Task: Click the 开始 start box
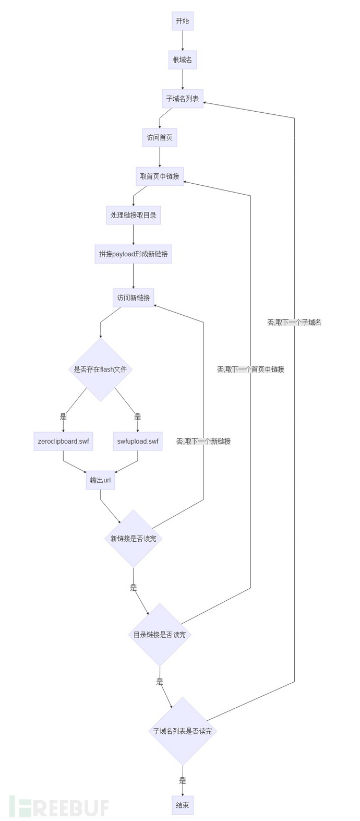point(183,21)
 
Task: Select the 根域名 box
point(183,60)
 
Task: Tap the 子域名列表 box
point(183,99)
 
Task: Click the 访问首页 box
point(160,138)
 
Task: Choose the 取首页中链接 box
point(160,176)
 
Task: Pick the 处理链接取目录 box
point(134,215)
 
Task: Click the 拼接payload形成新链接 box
point(134,254)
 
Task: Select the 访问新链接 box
point(134,298)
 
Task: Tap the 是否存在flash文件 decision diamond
point(100,370)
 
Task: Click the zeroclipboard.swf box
point(64,441)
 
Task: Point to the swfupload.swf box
point(138,441)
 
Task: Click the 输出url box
point(100,480)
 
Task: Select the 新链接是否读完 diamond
point(134,539)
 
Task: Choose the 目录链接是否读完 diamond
point(160,635)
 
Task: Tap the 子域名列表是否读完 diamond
point(183,731)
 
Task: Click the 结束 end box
point(183,805)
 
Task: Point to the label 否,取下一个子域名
point(294,323)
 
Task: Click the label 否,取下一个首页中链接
point(251,370)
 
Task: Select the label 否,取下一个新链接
point(203,442)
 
